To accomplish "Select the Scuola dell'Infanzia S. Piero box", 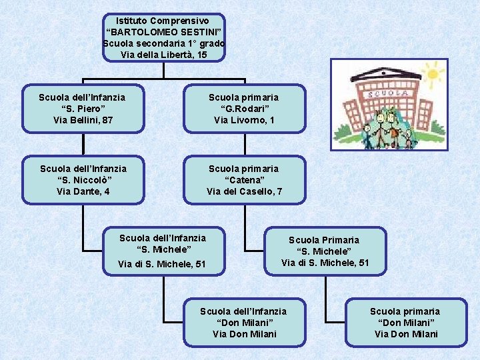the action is click(82, 109).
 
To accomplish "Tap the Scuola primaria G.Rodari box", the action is click(244, 109).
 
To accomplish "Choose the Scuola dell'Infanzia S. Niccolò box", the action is click(83, 180).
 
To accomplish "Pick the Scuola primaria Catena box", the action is click(244, 180).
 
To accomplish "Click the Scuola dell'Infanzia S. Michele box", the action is click(162, 251).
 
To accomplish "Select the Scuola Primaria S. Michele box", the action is click(325, 251).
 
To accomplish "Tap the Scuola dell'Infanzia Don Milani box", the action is click(244, 323).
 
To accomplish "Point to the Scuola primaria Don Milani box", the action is click(405, 323).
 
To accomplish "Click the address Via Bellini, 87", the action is click(83, 120).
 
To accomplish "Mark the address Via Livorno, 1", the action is click(244, 120).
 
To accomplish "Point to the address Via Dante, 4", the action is click(83, 191).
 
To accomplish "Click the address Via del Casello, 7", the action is click(244, 191).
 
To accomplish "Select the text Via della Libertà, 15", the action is click(165, 55).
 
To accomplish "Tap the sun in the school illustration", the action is click(433, 71).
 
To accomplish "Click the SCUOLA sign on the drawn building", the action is click(395, 95).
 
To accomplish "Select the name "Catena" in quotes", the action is click(244, 180).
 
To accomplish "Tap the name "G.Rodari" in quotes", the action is click(244, 109).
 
